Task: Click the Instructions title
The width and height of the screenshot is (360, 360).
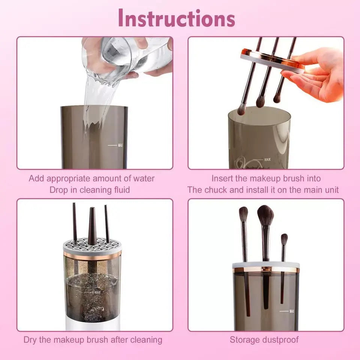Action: [x=176, y=18]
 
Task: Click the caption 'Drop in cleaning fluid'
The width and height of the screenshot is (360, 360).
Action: [x=90, y=190]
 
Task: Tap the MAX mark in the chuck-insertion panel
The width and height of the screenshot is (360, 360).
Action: [x=267, y=160]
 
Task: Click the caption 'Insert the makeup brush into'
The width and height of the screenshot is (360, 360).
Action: [x=266, y=178]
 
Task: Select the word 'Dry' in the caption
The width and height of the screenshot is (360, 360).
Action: [x=31, y=340]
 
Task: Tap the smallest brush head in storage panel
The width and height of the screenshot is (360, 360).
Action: [x=284, y=239]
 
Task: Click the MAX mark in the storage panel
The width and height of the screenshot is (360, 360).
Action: [x=291, y=311]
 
